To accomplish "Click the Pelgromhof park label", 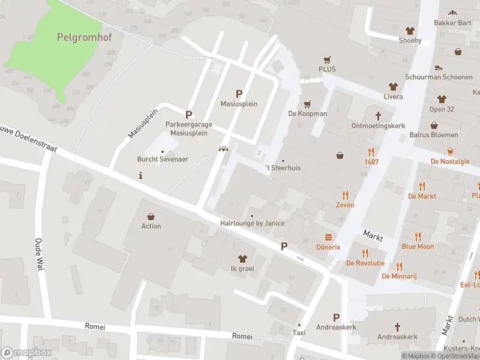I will [x=88, y=37].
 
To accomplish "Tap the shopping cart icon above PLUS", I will [x=327, y=59].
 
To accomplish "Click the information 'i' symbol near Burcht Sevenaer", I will [x=140, y=175].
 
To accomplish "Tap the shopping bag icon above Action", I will [x=151, y=216].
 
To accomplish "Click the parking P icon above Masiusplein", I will [x=239, y=94].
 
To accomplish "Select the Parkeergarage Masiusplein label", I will [x=189, y=128].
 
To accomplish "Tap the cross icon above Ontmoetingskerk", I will [x=378, y=115].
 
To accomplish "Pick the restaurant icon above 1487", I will [x=371, y=152].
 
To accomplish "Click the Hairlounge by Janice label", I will [x=252, y=223].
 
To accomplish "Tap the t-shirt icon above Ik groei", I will [x=242, y=259].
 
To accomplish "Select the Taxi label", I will [x=299, y=332].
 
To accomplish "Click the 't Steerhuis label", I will [x=283, y=168].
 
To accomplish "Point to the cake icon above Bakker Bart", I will [x=452, y=13].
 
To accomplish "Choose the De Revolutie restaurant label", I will [x=365, y=263].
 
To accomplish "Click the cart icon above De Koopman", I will [x=308, y=104].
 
